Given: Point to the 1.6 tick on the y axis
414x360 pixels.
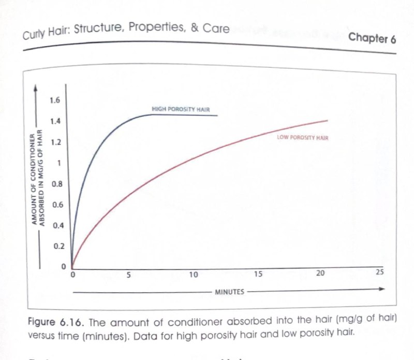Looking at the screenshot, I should click(55, 100).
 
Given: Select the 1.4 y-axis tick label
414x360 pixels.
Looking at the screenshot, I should click(55, 121).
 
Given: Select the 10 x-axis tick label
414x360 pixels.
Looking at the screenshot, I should click(193, 274).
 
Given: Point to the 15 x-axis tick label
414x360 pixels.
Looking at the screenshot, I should click(257, 273).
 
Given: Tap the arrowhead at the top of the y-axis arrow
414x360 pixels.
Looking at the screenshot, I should click(35, 87).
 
